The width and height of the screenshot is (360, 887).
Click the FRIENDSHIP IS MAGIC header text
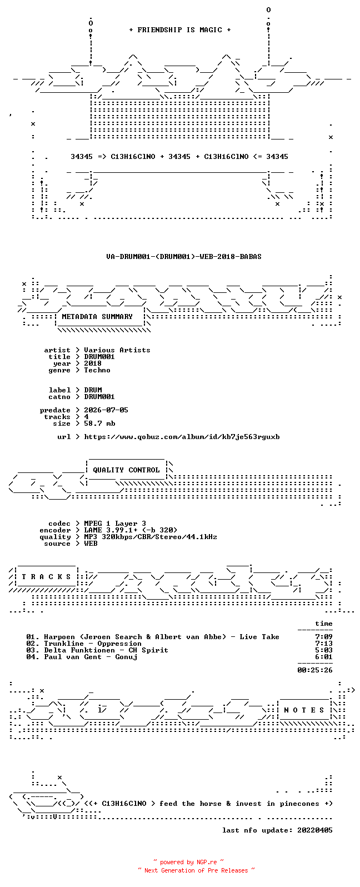pyautogui.click(x=180, y=29)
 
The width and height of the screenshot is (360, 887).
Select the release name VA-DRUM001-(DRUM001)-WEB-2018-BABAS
pyautogui.click(x=184, y=257)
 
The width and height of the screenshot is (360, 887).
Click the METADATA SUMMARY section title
pyautogui.click(x=97, y=317)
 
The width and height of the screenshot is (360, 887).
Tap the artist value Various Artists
pyautogui.click(x=117, y=350)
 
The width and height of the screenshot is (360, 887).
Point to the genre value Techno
pyautogui.click(x=97, y=370)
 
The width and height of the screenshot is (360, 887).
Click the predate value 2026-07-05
pyautogui.click(x=106, y=410)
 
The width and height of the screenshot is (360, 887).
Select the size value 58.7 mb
pyautogui.click(x=99, y=423)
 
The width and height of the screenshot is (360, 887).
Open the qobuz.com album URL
pyautogui.click(x=182, y=437)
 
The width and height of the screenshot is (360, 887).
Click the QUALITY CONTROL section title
pyautogui.click(x=126, y=470)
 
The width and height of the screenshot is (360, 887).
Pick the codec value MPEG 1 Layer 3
pyautogui.click(x=115, y=524)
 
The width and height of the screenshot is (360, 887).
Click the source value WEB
pyautogui.click(x=91, y=544)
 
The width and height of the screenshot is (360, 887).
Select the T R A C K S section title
pyautogui.click(x=46, y=576)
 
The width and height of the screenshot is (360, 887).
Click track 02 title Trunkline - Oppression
pyautogui.click(x=93, y=644)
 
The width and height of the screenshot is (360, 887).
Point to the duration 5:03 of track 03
pyautogui.click(x=323, y=650)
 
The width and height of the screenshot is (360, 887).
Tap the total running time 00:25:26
pyautogui.click(x=315, y=670)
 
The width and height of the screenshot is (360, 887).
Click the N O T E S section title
pyautogui.click(x=304, y=710)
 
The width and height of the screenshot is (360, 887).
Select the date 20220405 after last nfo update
pyautogui.click(x=315, y=830)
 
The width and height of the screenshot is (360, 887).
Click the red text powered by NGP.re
pyautogui.click(x=188, y=862)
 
